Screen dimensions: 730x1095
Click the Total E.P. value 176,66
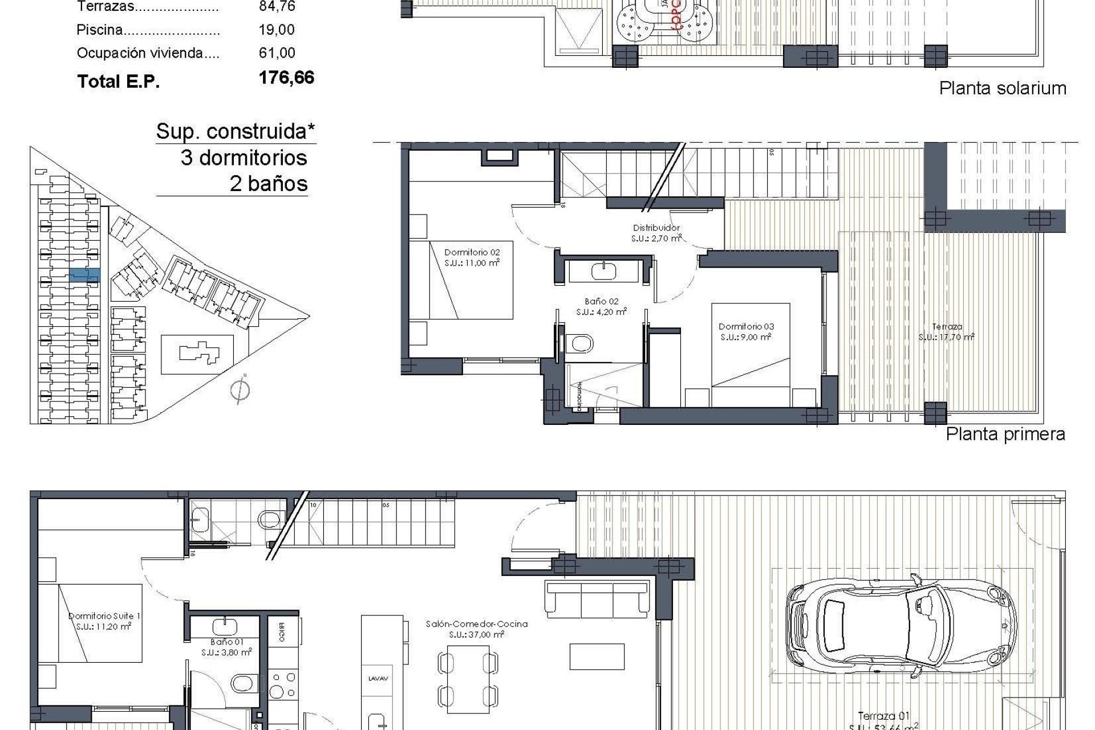(286, 78)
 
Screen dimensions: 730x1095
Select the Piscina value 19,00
(277, 30)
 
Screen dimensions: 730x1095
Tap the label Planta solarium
(1003, 88)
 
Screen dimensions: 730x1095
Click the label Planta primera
(1005, 434)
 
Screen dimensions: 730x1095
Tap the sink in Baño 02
(603, 271)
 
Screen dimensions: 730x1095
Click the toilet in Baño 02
(581, 344)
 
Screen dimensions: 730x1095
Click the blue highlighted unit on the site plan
(84, 275)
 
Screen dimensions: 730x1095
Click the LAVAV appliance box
(378, 679)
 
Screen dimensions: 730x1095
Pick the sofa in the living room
(597, 599)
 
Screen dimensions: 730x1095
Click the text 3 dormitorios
(244, 158)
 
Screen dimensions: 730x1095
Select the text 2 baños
(269, 184)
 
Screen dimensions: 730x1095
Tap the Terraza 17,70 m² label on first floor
(947, 332)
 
